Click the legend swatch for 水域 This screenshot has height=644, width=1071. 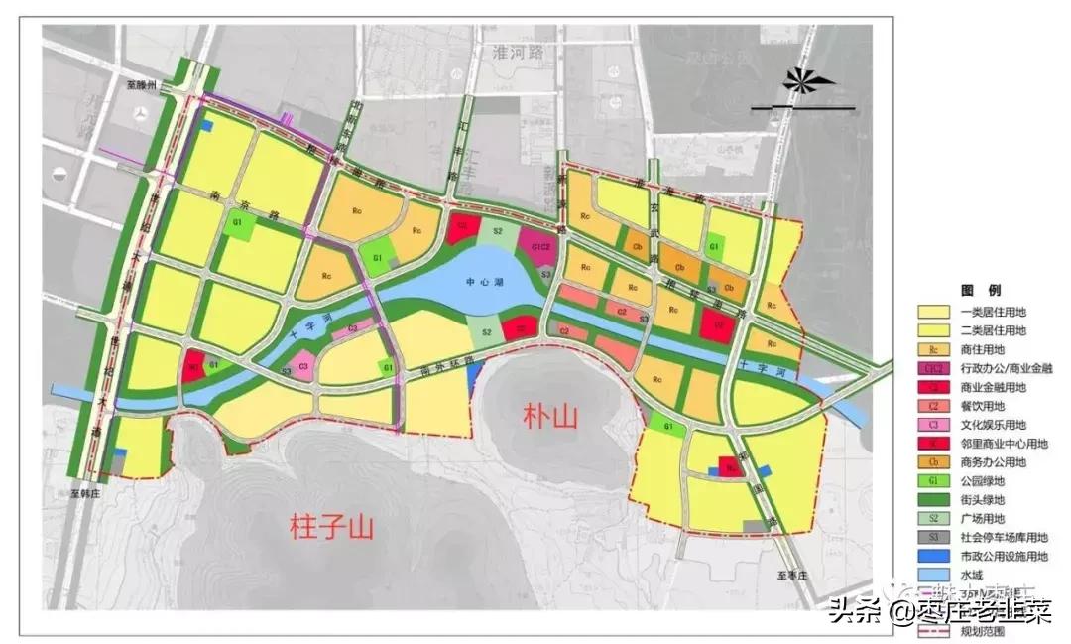coord(934,575)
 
